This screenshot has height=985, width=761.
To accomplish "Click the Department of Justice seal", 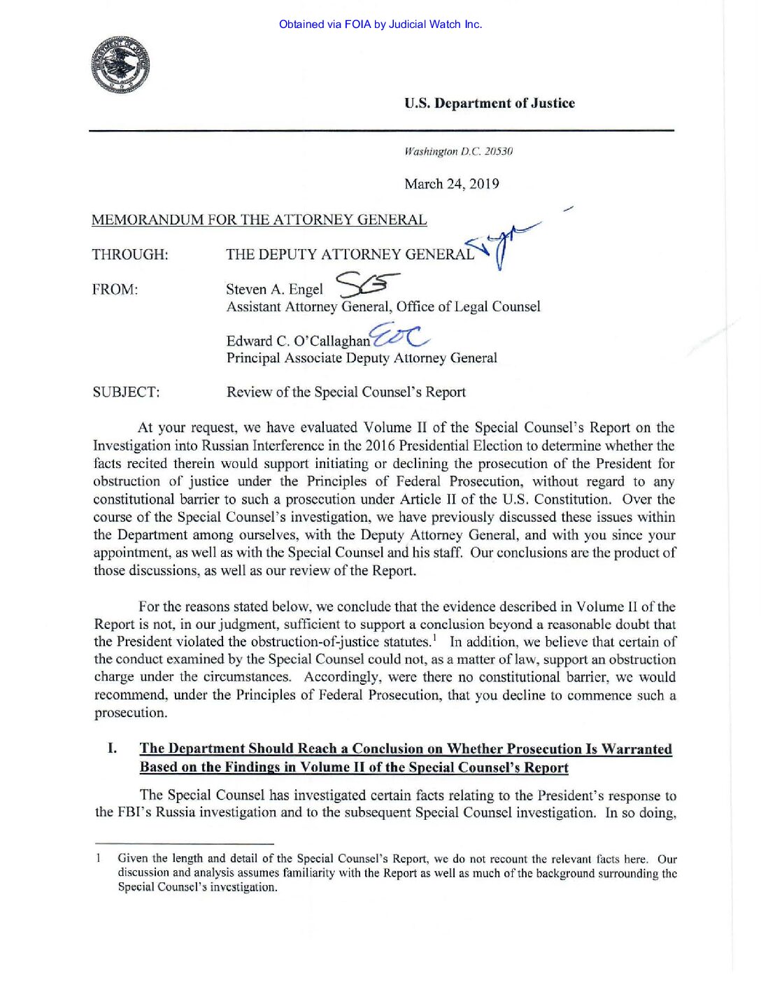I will pyautogui.click(x=120, y=65).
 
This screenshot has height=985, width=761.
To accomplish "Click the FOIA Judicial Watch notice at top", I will pyautogui.click(x=380, y=24).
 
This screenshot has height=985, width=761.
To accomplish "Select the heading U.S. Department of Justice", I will pyautogui.click(x=489, y=104).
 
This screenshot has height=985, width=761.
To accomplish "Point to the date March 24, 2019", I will pyautogui.click(x=451, y=184).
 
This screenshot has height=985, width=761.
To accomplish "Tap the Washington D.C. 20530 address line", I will pyautogui.click(x=458, y=152).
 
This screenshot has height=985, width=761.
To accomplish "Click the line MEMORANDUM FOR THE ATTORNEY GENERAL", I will pyautogui.click(x=259, y=220).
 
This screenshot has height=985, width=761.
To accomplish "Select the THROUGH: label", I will pyautogui.click(x=130, y=255).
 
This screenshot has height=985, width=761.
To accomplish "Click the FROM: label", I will pyautogui.click(x=115, y=290).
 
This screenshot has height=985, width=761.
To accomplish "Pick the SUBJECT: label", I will pyautogui.click(x=126, y=392).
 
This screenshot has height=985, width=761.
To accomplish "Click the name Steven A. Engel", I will pyautogui.click(x=274, y=290).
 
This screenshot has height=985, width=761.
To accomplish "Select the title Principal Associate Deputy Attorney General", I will pyautogui.click(x=362, y=358).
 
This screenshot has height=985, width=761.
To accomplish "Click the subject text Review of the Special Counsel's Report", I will pyautogui.click(x=346, y=392).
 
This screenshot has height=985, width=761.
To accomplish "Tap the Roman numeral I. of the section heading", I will pyautogui.click(x=112, y=749).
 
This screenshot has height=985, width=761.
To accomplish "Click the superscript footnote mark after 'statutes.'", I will pyautogui.click(x=434, y=637).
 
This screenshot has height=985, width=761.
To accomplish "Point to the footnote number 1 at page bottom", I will pyautogui.click(x=99, y=858).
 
